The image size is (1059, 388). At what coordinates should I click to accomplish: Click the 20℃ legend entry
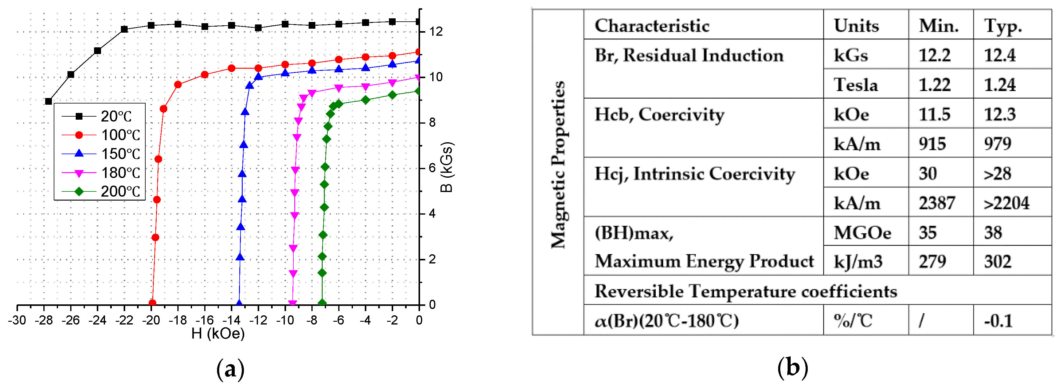pos(99,116)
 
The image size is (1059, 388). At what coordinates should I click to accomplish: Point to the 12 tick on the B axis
pos(436,32)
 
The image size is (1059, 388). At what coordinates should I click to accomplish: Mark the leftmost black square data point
pos(49,101)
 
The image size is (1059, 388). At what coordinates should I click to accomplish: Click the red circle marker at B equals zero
pos(152,303)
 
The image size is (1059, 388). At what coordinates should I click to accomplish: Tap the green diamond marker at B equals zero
pos(322,303)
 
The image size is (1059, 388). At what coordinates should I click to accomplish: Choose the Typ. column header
pos(1003,26)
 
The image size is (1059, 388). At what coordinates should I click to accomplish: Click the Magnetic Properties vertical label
pos(558,165)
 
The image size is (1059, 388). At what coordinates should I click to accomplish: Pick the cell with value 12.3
pos(999,114)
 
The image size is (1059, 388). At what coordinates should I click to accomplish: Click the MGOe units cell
pos(862,233)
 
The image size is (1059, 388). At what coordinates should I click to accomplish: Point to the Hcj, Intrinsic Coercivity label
pos(695,173)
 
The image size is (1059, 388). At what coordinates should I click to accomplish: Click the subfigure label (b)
pos(792,368)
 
